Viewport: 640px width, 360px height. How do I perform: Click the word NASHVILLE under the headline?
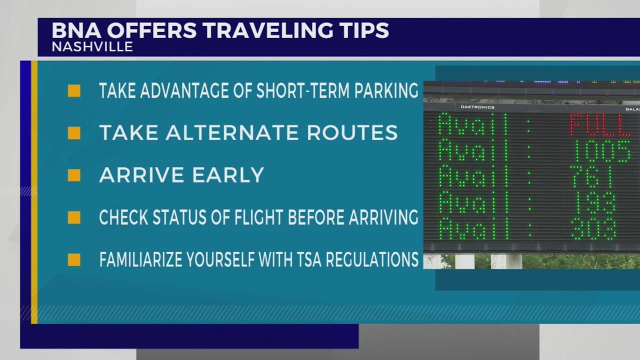92,47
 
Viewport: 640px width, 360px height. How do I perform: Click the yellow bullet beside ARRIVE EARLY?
74,175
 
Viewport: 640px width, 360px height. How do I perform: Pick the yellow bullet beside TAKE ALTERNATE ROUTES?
74,133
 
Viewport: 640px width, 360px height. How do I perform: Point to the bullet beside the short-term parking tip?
74,91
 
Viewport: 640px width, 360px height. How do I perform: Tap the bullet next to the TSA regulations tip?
74,260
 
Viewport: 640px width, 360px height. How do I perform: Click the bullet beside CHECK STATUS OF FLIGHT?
74,217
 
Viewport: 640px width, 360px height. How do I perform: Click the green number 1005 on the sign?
601,151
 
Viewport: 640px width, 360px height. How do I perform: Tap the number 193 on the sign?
593,203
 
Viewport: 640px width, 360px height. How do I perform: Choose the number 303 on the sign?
593,229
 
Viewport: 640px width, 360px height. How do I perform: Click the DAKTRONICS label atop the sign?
477,107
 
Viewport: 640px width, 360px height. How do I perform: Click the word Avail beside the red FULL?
472,125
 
